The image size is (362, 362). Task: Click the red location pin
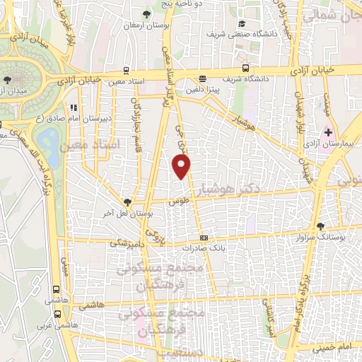coord(182,167)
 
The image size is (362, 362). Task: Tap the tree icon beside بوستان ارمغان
coord(146,14)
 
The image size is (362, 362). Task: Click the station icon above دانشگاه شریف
coord(245,69)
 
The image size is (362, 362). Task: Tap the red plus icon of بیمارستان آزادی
coord(328,132)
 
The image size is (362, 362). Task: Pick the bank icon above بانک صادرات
coord(204,238)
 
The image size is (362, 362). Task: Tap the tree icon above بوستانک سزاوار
coord(321,226)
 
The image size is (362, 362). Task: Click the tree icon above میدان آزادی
coord(8,79)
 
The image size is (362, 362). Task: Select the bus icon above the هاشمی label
coord(56,289)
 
